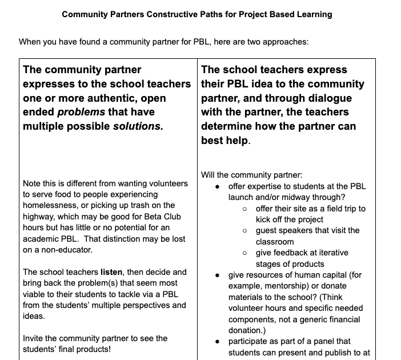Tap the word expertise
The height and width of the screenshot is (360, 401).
[268, 186]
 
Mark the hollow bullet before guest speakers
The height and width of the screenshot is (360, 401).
[244, 231]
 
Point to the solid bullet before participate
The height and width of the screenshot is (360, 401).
[218, 341]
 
